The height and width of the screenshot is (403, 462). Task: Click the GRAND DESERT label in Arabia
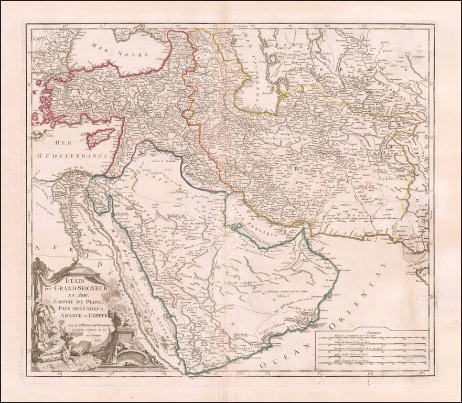click(x=188, y=273)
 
